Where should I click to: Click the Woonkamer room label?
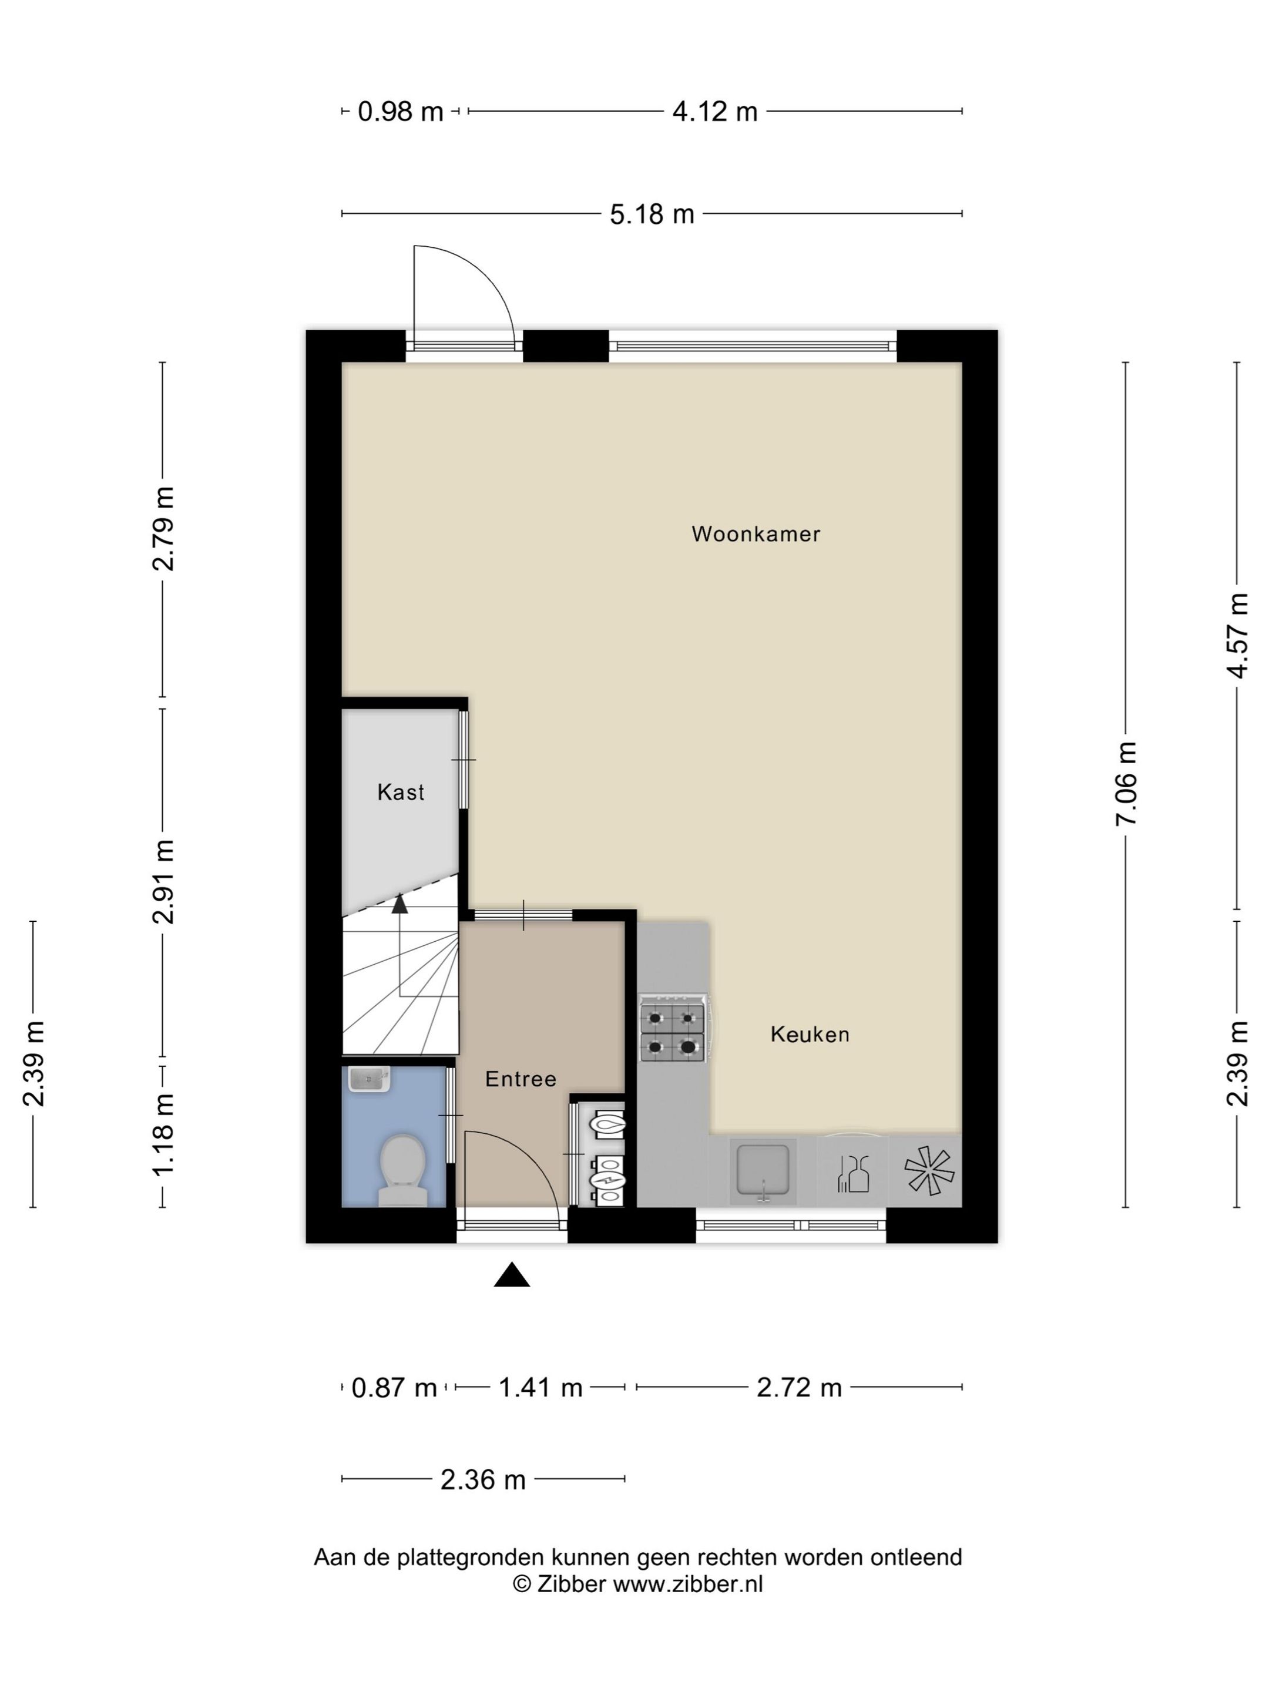[755, 534]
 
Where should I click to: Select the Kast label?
[400, 792]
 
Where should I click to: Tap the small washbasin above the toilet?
[370, 1079]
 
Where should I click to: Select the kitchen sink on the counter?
[763, 1170]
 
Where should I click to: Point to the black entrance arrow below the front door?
[512, 1274]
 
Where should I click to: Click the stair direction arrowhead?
[399, 904]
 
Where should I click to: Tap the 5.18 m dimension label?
[652, 214]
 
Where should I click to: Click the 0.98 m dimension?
[401, 112]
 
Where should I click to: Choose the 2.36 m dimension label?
[483, 1480]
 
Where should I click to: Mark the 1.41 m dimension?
[541, 1387]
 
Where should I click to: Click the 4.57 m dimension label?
[1237, 636]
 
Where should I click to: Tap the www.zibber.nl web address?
[687, 1583]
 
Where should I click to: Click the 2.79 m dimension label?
[162, 529]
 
